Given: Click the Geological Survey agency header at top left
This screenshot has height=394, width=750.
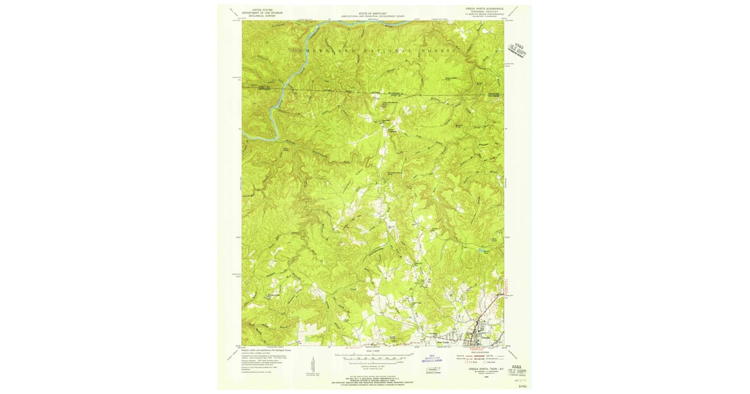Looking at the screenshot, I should coord(262,12).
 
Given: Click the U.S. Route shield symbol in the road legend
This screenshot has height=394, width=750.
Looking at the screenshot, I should coord(466,361).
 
